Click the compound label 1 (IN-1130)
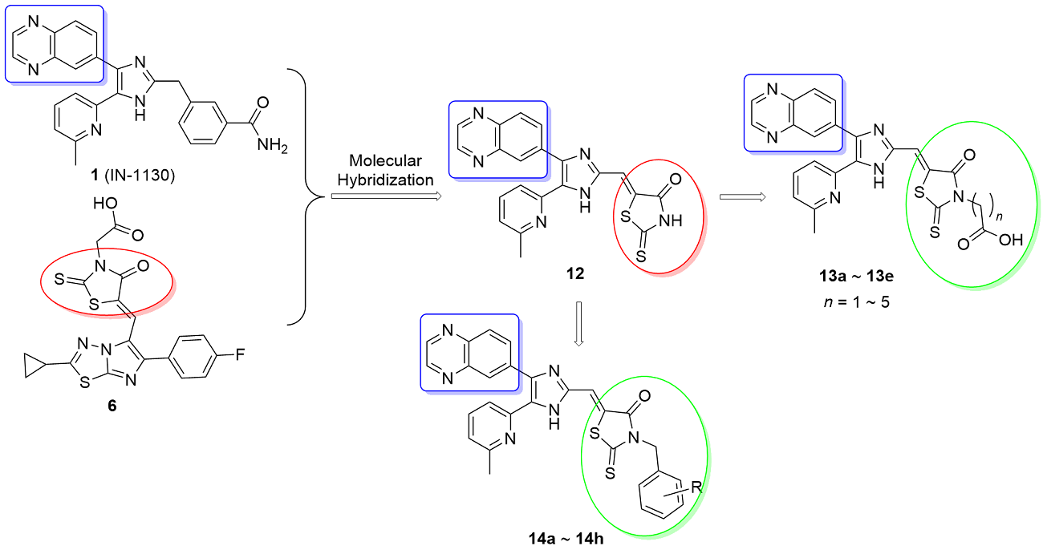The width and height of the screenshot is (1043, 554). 132,176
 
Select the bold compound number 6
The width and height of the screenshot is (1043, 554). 112,406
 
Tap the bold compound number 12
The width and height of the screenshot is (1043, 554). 575,273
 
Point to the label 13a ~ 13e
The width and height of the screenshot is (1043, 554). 856,277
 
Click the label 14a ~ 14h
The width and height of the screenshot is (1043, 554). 566,539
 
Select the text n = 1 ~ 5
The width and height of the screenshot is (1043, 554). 856,302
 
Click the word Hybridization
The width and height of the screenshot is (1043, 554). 385,180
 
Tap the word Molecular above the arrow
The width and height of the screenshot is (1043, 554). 385,160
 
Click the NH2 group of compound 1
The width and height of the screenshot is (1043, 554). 273,146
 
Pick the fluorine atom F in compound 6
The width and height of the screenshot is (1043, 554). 240,355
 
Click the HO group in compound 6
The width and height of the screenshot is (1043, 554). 105,204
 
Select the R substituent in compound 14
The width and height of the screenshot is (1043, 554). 696,487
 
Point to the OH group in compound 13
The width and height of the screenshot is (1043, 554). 1010,240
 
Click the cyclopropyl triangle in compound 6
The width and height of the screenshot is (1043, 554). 35,366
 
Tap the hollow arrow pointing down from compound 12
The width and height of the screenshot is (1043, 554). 578,324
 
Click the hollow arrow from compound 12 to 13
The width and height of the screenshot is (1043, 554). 742,197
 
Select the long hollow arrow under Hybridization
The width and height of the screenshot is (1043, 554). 386,196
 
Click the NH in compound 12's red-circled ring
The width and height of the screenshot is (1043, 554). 671,220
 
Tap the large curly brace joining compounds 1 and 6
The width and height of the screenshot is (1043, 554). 306,196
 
